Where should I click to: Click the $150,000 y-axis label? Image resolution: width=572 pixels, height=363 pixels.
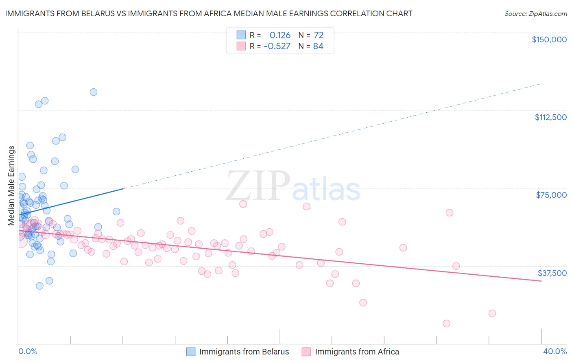tap(549, 39)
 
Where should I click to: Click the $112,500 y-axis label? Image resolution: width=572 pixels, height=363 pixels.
tap(550, 117)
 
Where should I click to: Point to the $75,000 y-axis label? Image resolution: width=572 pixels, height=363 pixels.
tap(551, 195)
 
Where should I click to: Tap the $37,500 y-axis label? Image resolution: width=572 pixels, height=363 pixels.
tap(552, 273)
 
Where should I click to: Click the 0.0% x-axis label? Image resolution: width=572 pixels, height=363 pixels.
tap(28, 351)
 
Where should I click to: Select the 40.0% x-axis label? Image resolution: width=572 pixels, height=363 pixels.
tap(555, 351)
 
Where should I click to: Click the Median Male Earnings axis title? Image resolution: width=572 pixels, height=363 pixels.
tap(11, 186)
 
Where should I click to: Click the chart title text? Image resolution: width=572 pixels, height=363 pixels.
tap(208, 13)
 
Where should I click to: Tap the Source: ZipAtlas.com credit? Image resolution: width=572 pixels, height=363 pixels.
tap(535, 13)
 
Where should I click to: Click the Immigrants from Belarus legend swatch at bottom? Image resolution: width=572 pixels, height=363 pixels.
tap(191, 352)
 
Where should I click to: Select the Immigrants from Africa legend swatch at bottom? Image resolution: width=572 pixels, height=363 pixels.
tap(306, 352)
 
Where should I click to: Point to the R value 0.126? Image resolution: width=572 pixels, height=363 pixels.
tap(280, 35)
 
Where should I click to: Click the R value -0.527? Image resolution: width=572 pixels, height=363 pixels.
tap(277, 46)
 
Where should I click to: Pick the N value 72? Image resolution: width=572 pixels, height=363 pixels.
tap(318, 35)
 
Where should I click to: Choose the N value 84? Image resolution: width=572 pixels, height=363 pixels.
tap(318, 46)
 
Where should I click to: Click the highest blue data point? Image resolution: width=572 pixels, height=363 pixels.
tap(94, 92)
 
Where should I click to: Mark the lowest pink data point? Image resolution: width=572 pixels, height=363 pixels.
tap(446, 324)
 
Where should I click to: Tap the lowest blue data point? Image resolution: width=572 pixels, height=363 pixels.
tap(39, 286)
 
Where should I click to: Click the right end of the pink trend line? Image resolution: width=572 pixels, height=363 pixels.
tap(541, 281)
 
